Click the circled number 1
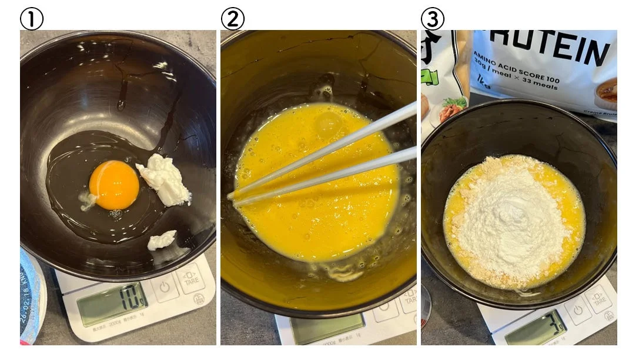tap(32, 18)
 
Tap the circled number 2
tap(233, 18)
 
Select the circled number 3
tap(433, 18)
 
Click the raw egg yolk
tap(114, 185)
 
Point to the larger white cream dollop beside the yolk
tap(165, 180)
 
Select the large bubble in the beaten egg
tap(329, 124)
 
